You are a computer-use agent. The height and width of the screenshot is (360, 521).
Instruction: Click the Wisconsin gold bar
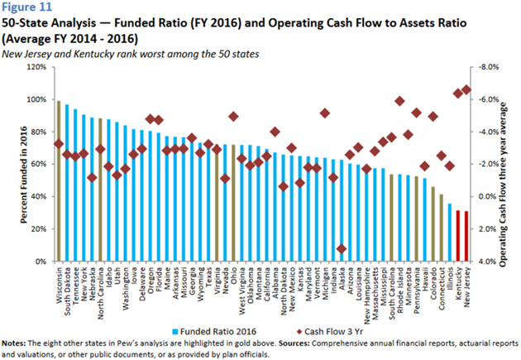pyautogui.click(x=59, y=182)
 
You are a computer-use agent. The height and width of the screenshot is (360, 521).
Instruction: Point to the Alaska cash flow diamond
pyautogui.click(x=342, y=249)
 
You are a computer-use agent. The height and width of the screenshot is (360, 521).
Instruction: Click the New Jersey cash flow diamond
pyautogui.click(x=467, y=89)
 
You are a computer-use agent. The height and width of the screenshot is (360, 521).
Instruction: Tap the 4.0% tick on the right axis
pyautogui.click(x=488, y=262)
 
